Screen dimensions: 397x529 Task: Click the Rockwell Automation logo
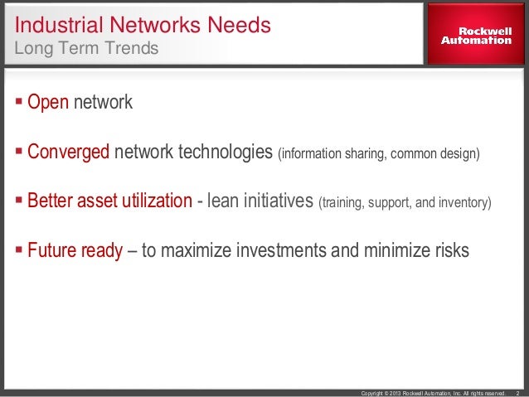coord(475,35)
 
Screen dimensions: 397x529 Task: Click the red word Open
coord(49,104)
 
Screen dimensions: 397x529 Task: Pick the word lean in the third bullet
coord(224,201)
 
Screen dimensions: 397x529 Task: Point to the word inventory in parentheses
coord(466,202)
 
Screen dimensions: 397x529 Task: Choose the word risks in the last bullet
coord(449,250)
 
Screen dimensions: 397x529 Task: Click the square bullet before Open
coord(20,104)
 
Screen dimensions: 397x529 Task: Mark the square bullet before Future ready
coord(20,250)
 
